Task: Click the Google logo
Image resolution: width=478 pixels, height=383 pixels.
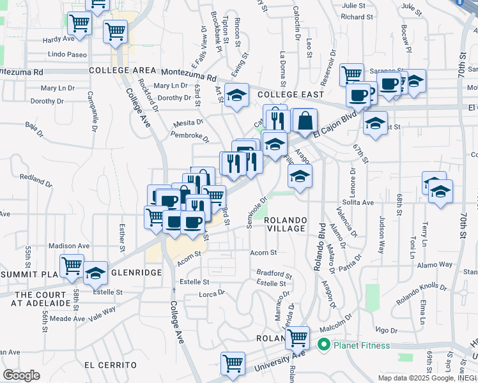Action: tap(21, 375)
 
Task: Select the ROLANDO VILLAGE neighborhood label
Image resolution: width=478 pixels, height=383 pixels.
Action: tap(287, 224)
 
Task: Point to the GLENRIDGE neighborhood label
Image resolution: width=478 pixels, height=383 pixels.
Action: tap(136, 272)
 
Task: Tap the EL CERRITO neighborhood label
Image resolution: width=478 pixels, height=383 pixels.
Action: tap(110, 364)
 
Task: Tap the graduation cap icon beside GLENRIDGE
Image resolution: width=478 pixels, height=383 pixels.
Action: tap(95, 273)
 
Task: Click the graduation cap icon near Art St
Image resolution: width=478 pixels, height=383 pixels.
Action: tap(236, 96)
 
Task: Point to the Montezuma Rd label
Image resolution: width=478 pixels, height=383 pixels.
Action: tap(190, 73)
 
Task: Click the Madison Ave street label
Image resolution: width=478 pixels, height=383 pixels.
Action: tap(69, 246)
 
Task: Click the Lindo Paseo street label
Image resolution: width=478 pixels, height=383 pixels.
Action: tap(67, 55)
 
